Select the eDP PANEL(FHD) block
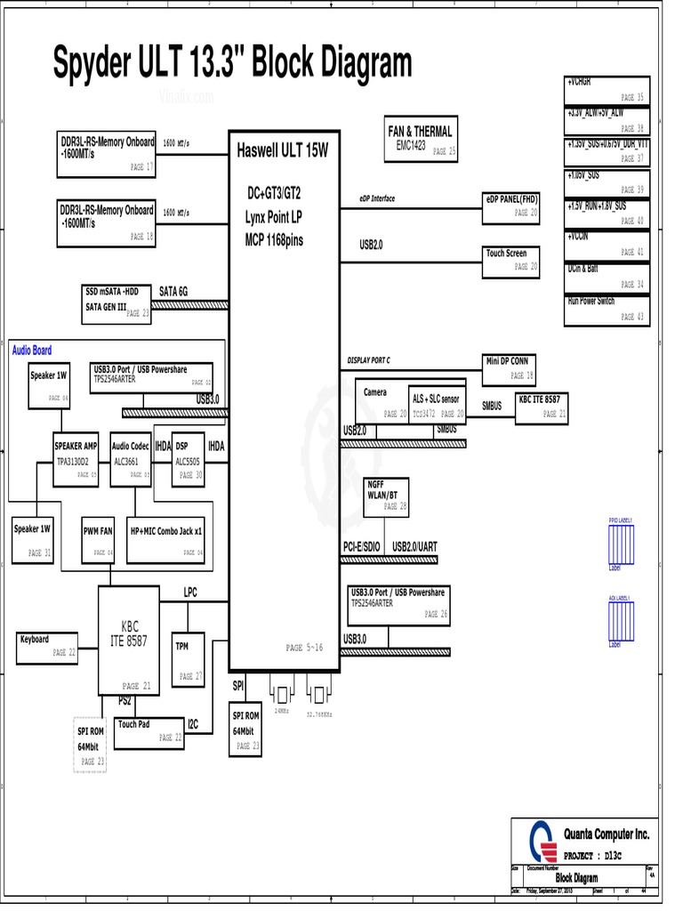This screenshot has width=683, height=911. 511,206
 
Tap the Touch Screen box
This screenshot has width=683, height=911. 511,260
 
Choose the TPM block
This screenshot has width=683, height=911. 188,659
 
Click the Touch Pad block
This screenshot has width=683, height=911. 149,730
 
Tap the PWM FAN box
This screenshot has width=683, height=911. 99,539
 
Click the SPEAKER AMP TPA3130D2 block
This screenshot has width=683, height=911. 76,459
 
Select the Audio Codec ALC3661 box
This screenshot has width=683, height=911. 131,459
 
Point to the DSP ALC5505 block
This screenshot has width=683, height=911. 189,459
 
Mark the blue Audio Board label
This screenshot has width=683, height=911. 31,351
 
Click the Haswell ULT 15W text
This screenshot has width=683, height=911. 282,151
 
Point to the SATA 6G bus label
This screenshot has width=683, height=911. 173,291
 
